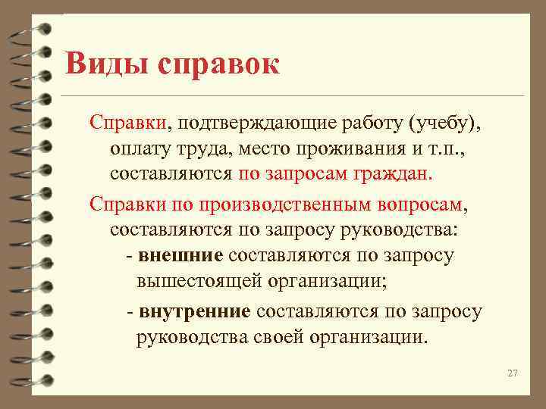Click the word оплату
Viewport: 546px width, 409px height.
click(139, 148)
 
